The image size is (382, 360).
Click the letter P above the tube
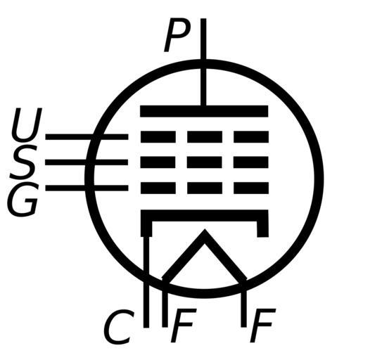pos(177,35)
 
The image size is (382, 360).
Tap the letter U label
pos(26,125)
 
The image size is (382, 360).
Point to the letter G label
pos(23,199)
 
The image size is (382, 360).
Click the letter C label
pos(119,327)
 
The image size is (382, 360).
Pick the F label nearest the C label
pos(183,326)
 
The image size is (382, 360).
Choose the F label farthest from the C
pos(262,326)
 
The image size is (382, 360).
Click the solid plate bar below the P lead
pos(204,111)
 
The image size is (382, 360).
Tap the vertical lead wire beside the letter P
pos(203,62)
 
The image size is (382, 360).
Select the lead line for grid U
pos(87,137)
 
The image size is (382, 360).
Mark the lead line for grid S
pos(87,162)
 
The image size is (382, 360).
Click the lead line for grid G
pos(87,188)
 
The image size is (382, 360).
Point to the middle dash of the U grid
pos(205,137)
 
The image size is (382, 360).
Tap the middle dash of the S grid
pos(205,162)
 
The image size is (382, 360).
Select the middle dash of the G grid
pos(205,188)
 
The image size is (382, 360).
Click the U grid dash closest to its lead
pos(158,137)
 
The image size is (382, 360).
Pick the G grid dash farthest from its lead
pos(251,188)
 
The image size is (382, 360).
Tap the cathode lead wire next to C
pos(146,282)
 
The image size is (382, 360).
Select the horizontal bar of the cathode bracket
pos(205,215)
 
